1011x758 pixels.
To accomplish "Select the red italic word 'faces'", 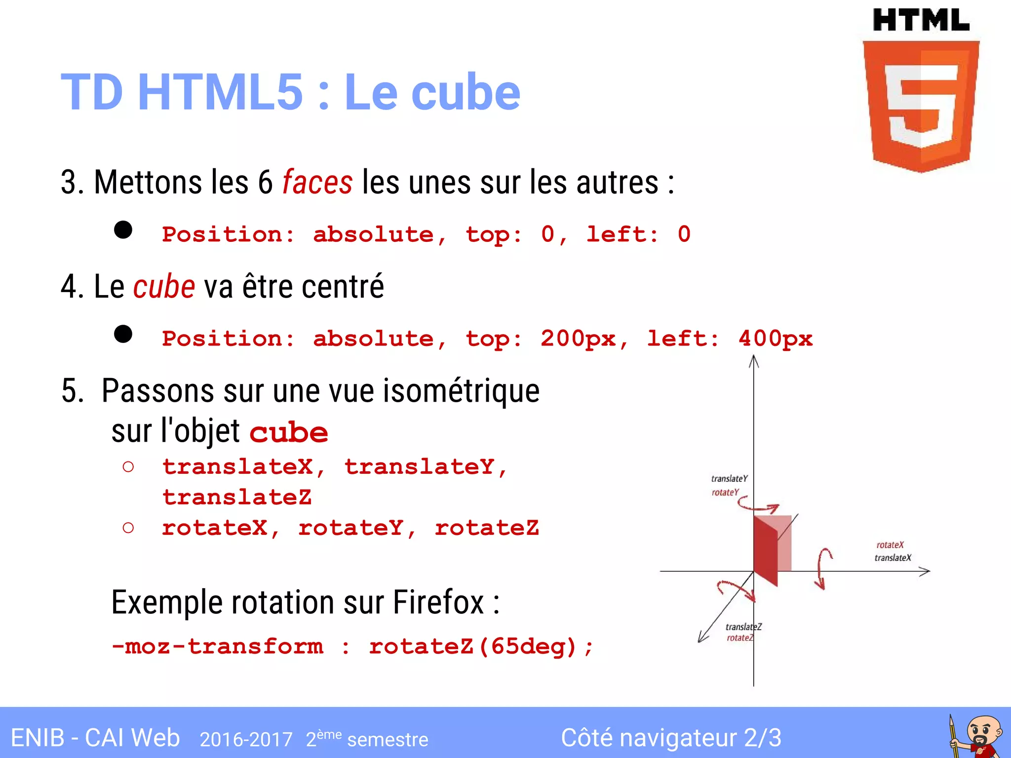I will tap(317, 183).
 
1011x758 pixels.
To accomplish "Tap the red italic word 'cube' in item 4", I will tap(164, 287).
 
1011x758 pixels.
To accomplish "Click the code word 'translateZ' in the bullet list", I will tap(237, 497).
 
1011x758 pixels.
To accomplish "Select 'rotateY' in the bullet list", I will tap(351, 528).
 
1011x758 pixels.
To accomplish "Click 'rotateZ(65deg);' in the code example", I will tap(481, 646).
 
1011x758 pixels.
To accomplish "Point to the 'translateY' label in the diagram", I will tap(729, 479).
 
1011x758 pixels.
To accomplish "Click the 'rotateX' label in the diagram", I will tap(890, 545).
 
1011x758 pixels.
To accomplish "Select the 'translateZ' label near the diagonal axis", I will tap(743, 627).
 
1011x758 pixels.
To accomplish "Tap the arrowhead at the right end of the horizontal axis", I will tap(925, 571).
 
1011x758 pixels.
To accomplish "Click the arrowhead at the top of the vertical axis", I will tap(753, 362).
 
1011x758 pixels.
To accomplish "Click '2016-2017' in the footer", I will tap(246, 739).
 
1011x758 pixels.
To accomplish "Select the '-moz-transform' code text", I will tap(218, 646).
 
